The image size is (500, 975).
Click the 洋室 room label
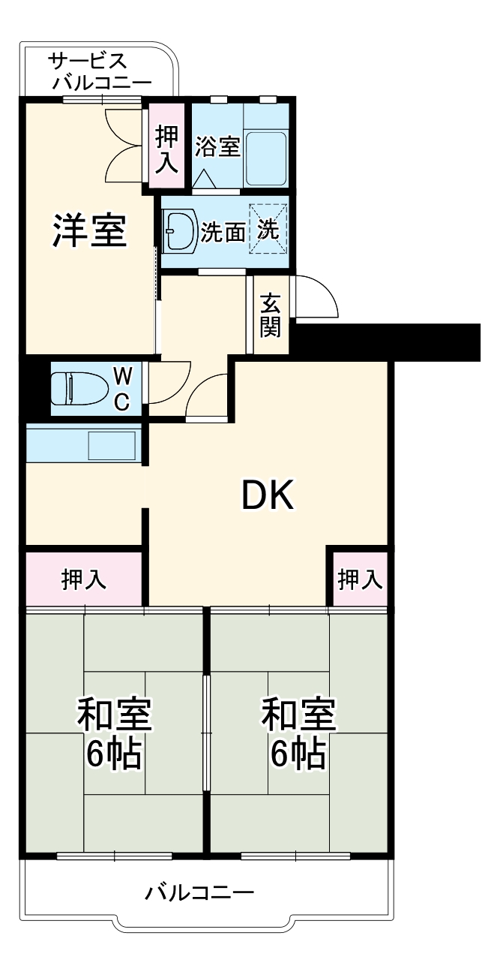click(x=88, y=230)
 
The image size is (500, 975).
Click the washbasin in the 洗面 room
click(x=178, y=230)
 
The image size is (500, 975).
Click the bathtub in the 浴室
click(x=265, y=158)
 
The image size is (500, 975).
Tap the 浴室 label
click(x=217, y=146)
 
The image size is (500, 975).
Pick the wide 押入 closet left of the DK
click(x=83, y=579)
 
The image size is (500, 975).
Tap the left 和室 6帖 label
click(x=114, y=735)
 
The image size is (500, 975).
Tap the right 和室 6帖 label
click(x=298, y=735)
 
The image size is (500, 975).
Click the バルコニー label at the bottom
click(x=199, y=893)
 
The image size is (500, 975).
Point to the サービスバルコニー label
click(x=98, y=71)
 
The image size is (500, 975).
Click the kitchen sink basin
click(x=112, y=445)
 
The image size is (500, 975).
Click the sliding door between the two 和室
click(x=207, y=732)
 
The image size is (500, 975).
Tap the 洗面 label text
click(x=223, y=233)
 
